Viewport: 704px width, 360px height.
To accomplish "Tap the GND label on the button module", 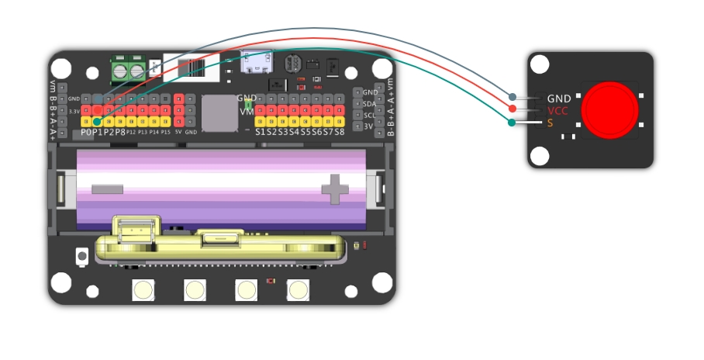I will (x=559, y=99).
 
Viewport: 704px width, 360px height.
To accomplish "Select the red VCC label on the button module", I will (x=557, y=111).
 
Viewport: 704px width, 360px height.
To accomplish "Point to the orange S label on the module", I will (x=550, y=123).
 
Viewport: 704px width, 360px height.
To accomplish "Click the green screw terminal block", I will (x=129, y=70).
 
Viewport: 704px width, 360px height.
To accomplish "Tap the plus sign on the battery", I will (x=336, y=189).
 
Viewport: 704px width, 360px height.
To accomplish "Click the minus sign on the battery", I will (x=107, y=189).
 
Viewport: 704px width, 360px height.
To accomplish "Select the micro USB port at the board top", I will (x=253, y=61).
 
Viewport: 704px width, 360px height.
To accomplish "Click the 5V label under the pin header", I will (x=178, y=133).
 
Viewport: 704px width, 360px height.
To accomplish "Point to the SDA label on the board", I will (x=370, y=103).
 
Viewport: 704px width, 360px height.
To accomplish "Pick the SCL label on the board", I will (x=370, y=115).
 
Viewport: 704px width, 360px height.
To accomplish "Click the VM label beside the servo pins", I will (x=247, y=112).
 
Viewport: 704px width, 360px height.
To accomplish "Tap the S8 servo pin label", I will (x=339, y=132).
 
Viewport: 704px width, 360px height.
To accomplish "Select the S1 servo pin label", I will (x=261, y=132).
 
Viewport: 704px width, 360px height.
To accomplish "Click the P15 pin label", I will (x=165, y=133).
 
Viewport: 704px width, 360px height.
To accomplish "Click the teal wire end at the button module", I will (x=512, y=123).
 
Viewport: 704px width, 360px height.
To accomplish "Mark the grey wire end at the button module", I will (x=512, y=97).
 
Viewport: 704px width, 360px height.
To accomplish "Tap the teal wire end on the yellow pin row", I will (x=96, y=121).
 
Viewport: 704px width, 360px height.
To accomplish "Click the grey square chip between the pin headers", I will (x=219, y=112).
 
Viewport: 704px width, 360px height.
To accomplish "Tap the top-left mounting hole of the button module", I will (x=541, y=66).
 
